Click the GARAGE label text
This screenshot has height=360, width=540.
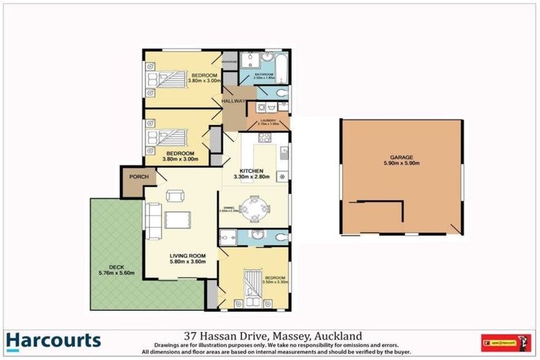[x=401, y=157]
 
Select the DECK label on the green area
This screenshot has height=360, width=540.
[x=107, y=266]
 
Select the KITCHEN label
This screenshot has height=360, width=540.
[x=250, y=171]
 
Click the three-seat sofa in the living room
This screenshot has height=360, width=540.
[x=152, y=220]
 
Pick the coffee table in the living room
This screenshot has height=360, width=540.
[x=179, y=220]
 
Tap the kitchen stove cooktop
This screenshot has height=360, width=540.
[x=283, y=176]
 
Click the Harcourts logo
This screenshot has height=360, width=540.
[x=53, y=342]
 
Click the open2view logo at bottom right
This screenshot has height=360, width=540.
[x=504, y=342]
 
